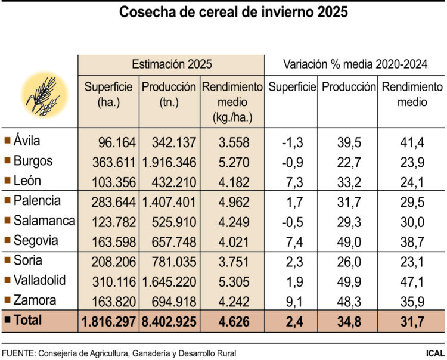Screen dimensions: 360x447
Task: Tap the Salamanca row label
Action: click(x=44, y=221)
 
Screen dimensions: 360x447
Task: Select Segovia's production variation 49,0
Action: click(x=349, y=240)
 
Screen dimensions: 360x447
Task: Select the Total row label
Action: click(x=27, y=320)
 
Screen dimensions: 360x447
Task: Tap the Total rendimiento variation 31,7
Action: click(x=412, y=321)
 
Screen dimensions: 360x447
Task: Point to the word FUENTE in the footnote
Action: click(x=17, y=351)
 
